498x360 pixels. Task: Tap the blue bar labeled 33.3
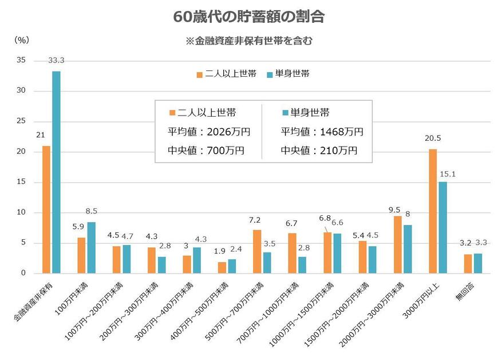click(x=56, y=172)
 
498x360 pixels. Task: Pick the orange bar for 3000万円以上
click(x=432, y=211)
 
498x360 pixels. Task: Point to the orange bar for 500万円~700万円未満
click(x=256, y=251)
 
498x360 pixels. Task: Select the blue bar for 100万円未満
click(x=91, y=247)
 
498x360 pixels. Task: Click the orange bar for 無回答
click(x=468, y=263)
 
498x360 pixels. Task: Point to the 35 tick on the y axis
click(x=22, y=61)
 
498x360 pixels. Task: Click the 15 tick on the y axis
click(x=22, y=182)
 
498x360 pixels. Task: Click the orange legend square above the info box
click(x=200, y=74)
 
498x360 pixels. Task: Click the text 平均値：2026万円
click(x=210, y=132)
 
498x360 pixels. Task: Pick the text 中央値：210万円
click(x=319, y=151)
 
